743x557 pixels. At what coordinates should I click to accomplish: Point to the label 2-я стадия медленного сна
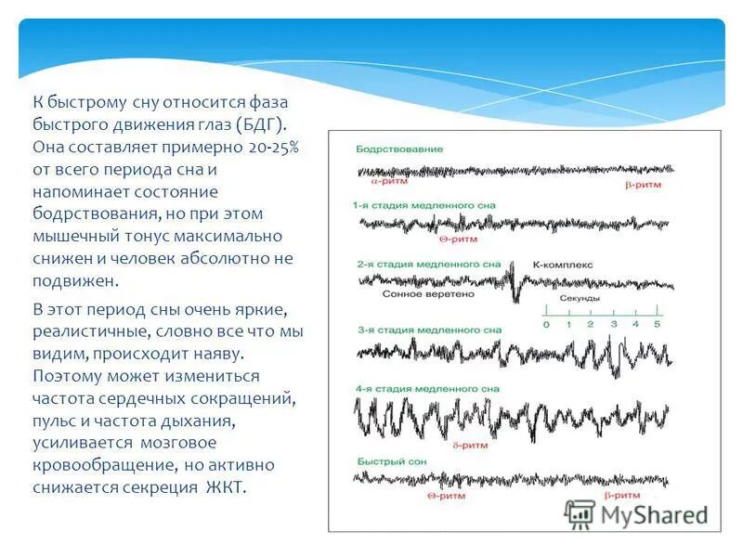pos(428,265)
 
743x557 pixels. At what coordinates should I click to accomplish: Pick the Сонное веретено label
pos(423,293)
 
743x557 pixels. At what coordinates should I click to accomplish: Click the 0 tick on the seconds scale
pos(546,324)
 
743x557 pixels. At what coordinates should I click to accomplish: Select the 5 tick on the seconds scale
pos(658,324)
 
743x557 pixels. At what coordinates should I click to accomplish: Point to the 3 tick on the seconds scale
pos(613,324)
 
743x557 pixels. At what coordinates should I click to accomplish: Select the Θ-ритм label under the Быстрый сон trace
pos(446,497)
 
